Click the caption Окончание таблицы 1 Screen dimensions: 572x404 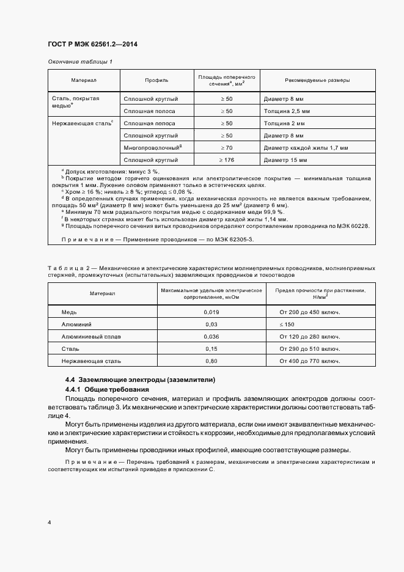(80, 62)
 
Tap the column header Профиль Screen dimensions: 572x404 (156, 80)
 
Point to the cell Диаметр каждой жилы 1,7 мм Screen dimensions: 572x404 (306, 147)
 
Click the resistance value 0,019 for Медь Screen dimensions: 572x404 (211, 312)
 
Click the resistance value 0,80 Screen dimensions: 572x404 (211, 361)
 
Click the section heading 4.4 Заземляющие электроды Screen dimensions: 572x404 (140, 380)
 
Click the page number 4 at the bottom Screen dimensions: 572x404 (50, 522)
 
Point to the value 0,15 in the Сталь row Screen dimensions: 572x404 (211, 349)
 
